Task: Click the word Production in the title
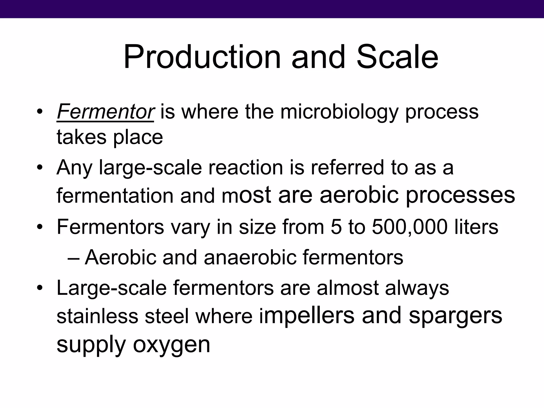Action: (x=202, y=57)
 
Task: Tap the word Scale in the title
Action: (x=397, y=57)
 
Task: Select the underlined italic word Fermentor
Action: (x=105, y=112)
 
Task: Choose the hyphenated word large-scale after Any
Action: (x=150, y=168)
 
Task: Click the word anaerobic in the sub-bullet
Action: (x=250, y=258)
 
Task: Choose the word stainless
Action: (x=97, y=317)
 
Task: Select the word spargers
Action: (x=455, y=317)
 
